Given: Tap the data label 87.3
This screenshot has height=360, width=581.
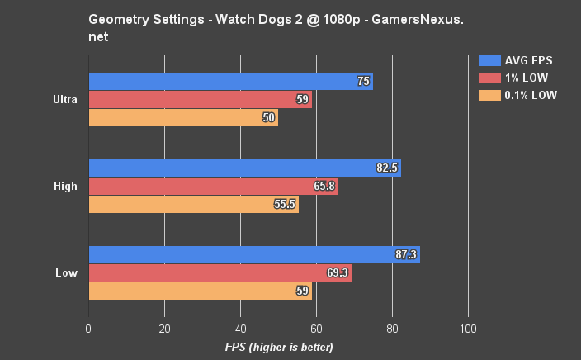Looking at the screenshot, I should pyautogui.click(x=406, y=255).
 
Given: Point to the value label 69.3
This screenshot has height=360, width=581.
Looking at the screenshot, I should pyautogui.click(x=338, y=273).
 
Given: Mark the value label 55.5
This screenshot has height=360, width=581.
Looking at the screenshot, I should pyautogui.click(x=285, y=205).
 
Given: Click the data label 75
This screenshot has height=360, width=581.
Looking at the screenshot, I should pyautogui.click(x=363, y=81).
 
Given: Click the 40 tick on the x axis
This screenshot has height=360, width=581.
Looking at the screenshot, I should pyautogui.click(x=240, y=328).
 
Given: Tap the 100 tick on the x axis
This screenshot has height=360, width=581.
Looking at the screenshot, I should pyautogui.click(x=468, y=328).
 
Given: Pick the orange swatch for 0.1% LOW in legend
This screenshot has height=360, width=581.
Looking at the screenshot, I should pyautogui.click(x=489, y=95).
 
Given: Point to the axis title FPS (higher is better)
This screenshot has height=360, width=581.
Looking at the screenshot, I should pyautogui.click(x=279, y=347).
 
